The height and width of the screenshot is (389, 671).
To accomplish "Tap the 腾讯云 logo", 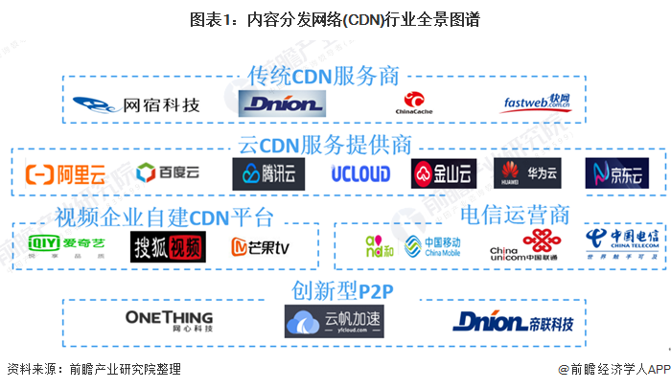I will [261, 173].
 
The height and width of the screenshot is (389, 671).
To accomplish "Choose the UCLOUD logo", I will [360, 173].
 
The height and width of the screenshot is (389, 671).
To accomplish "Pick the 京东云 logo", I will [616, 173].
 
